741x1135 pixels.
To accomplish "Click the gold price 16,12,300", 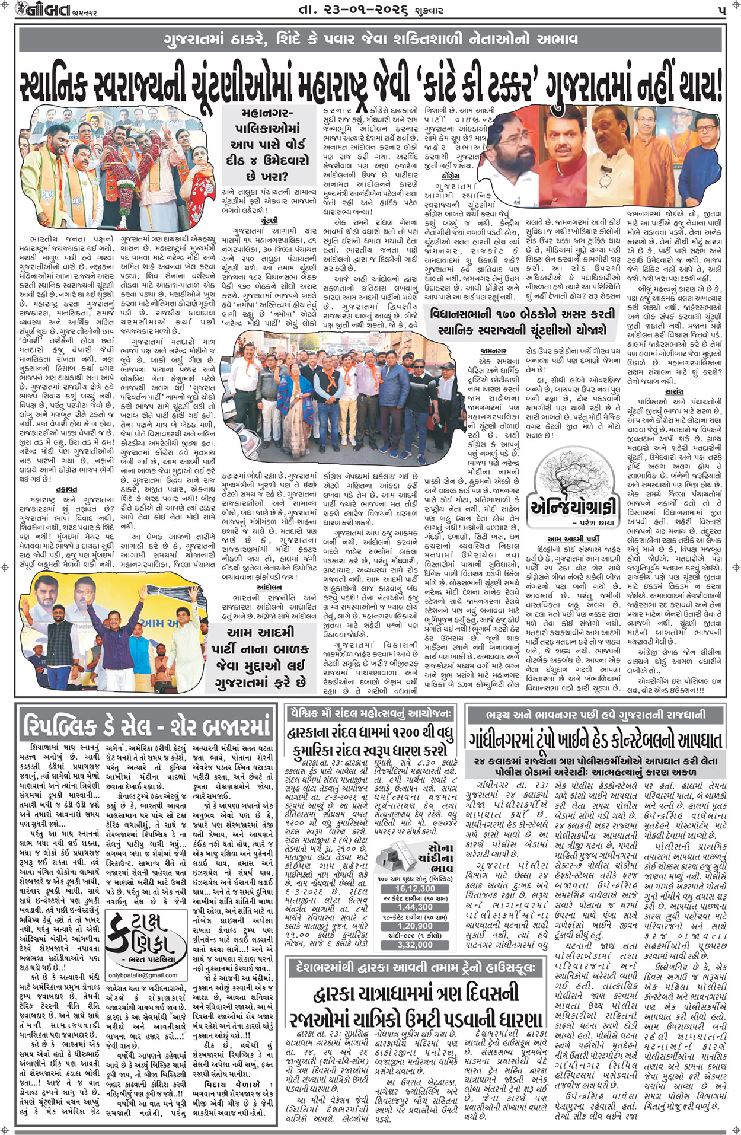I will tap(414, 888).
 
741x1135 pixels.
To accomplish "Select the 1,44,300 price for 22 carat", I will tap(414, 907).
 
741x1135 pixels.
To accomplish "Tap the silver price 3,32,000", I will tap(414, 945).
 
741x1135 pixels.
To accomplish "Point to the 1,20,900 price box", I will tap(414, 926).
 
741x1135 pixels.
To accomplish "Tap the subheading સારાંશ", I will tap(675, 391).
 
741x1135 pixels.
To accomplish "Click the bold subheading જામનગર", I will tap(493, 352).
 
